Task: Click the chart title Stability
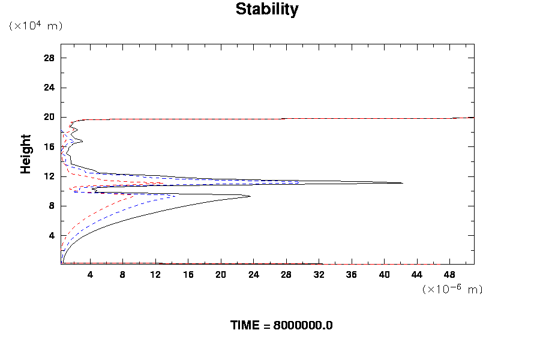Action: pos(266,10)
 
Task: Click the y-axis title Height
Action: pos(26,161)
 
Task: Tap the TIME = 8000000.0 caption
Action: pos(281,325)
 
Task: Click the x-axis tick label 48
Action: pos(449,274)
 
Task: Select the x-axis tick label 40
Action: pos(384,274)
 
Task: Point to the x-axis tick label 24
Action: pos(253,274)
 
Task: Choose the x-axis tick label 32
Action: pos(319,274)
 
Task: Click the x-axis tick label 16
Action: pos(188,274)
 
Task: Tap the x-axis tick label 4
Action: pos(90,274)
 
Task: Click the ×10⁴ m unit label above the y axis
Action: pos(35,26)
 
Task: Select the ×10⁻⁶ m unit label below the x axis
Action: pos(452,289)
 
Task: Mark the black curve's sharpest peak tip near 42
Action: pos(403,183)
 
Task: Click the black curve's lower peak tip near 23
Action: pos(250,196)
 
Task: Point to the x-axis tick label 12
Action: pos(155,274)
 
